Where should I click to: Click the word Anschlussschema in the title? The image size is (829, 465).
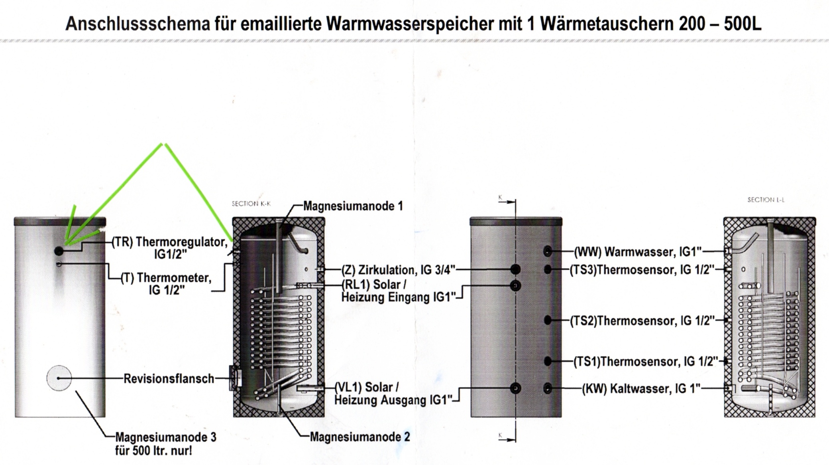click(x=138, y=24)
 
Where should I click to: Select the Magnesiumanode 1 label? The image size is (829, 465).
click(x=353, y=206)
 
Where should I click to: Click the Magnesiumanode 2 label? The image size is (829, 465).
click(x=360, y=437)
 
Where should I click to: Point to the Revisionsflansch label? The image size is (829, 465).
click(x=169, y=378)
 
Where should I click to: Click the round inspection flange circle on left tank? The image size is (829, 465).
click(x=59, y=378)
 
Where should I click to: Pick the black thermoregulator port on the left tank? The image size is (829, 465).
click(x=59, y=251)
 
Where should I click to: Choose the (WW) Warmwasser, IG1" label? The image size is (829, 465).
click(x=638, y=252)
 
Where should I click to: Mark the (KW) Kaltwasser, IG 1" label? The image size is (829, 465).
click(x=641, y=388)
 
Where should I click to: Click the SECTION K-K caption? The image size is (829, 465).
click(x=251, y=204)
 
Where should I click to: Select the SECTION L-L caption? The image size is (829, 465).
click(x=766, y=200)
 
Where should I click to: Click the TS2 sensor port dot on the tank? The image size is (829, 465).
click(x=548, y=320)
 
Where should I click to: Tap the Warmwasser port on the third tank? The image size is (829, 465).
click(x=548, y=251)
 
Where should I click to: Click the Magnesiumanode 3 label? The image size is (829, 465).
click(x=166, y=444)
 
